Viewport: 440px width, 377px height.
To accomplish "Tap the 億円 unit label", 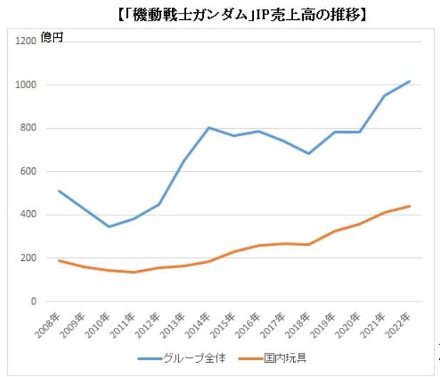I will click(51, 38).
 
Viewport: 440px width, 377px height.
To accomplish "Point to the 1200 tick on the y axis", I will click(25, 41).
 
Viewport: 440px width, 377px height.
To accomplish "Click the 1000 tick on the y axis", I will click(25, 85).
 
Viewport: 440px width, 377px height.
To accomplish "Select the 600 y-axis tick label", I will click(27, 172).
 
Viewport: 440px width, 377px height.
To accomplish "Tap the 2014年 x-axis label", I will click(199, 321).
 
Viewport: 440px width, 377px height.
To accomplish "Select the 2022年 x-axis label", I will click(399, 321).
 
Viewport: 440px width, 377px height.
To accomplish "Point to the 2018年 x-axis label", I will click(299, 321).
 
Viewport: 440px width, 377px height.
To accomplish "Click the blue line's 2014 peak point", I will click(209, 128).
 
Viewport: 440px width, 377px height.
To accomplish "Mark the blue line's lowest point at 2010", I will click(109, 227).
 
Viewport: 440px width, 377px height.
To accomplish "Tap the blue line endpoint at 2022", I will click(409, 81).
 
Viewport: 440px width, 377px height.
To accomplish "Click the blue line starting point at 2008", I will click(59, 191).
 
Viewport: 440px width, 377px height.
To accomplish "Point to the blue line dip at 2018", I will click(309, 153).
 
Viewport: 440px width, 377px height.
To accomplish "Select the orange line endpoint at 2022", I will click(409, 206).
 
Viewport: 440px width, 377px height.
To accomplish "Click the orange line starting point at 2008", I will click(59, 260).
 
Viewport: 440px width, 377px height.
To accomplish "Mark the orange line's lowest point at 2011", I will click(134, 272).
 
